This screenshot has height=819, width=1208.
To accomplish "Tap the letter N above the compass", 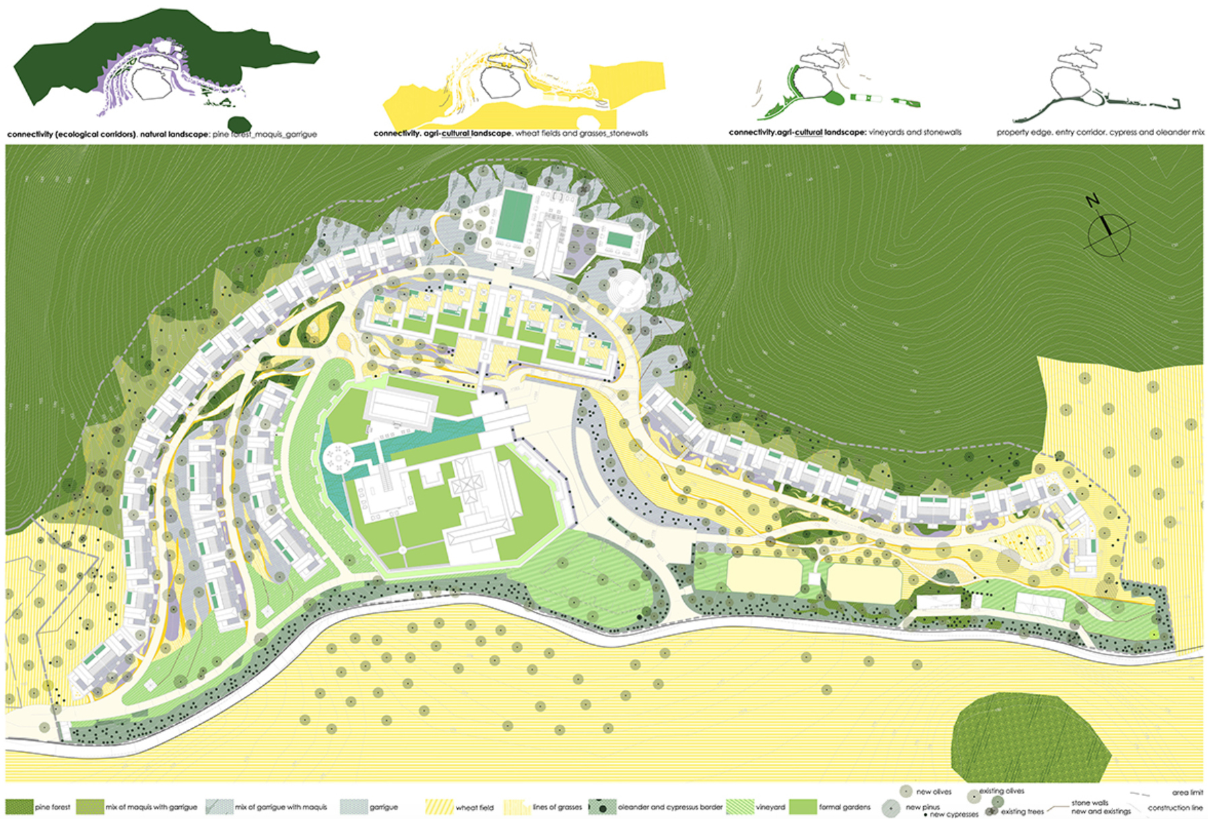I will tap(1092, 200).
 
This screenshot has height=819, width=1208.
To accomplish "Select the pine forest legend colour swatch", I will tap(19, 806).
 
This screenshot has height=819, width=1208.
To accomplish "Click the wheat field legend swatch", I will tap(438, 806).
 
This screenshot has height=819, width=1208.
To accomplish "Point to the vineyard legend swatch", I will tap(739, 806).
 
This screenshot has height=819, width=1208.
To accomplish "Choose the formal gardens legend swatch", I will tap(802, 806).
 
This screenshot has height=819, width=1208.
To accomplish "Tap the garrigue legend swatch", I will tap(354, 806).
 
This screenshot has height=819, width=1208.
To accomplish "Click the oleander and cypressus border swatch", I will tap(602, 806).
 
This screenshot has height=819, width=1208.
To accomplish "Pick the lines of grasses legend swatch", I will tap(517, 806).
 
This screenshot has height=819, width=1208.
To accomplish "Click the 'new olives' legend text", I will tap(933, 792).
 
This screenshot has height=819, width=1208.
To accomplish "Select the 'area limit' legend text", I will tap(1186, 793).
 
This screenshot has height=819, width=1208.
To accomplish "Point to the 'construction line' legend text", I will tap(1174, 808).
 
